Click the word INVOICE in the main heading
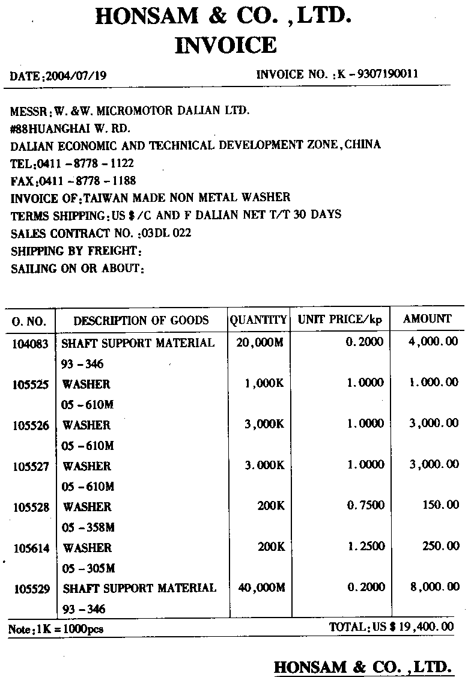225,45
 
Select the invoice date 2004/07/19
76,76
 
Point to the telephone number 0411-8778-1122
85,163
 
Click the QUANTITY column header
258,320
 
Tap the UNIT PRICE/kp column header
340,320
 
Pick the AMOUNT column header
427,319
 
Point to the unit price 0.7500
365,505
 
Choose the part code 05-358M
88,527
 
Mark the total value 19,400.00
426,627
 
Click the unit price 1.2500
365,546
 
